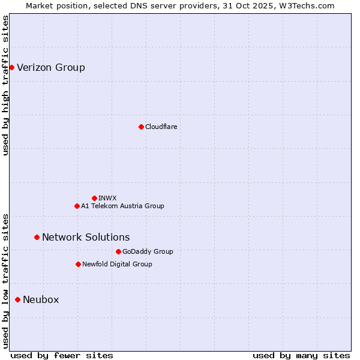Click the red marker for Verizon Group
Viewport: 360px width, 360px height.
pyautogui.click(x=11, y=67)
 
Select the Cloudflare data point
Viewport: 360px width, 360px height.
pyautogui.click(x=141, y=127)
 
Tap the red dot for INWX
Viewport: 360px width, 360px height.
pyautogui.click(x=94, y=198)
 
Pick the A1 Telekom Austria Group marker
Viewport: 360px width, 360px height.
pyautogui.click(x=77, y=206)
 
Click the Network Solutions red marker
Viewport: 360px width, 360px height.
pyautogui.click(x=37, y=238)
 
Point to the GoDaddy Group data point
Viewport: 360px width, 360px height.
pyautogui.click(x=118, y=251)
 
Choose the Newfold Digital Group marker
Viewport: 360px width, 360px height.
pyautogui.click(x=78, y=264)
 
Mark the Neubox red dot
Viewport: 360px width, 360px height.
pyautogui.click(x=17, y=299)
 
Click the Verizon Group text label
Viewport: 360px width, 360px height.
pyautogui.click(x=51, y=67)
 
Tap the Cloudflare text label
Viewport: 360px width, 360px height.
pyautogui.click(x=161, y=127)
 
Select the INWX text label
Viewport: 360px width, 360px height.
pyautogui.click(x=108, y=198)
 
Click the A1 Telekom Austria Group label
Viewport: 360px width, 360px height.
pyautogui.click(x=123, y=206)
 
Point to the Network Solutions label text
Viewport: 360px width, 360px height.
pyautogui.click(x=86, y=238)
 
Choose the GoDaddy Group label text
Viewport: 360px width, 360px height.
pyautogui.click(x=148, y=251)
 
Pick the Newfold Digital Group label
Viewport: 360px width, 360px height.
pyautogui.click(x=118, y=264)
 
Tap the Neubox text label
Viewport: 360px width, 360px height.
pyautogui.click(x=41, y=299)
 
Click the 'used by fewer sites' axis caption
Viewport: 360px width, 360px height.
pyautogui.click(x=62, y=355)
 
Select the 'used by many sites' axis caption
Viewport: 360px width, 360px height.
pyautogui.click(x=301, y=355)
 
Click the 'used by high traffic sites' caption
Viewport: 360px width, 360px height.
pyautogui.click(x=6, y=85)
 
